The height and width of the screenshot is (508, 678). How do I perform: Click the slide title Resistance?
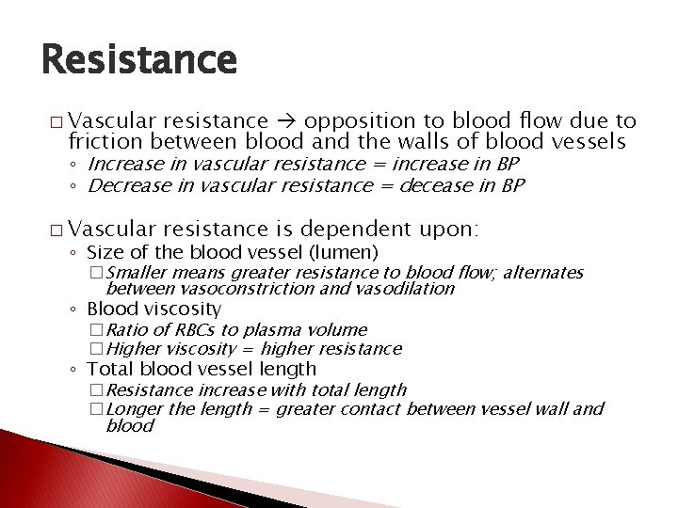(x=139, y=59)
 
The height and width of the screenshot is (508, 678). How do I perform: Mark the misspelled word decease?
(x=426, y=184)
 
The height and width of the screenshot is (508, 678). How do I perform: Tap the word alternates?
(x=543, y=273)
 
